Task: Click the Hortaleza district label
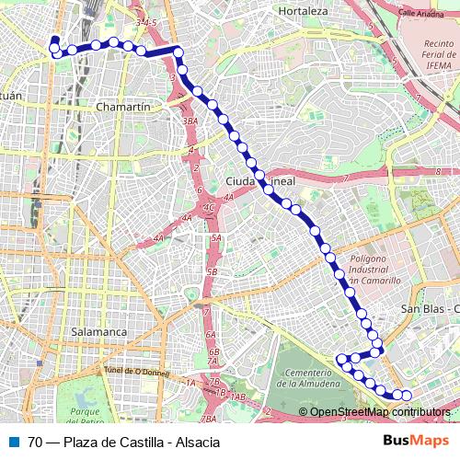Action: point(303,11)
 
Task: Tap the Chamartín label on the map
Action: point(122,108)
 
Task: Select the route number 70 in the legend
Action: point(35,441)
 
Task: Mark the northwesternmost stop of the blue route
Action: point(54,40)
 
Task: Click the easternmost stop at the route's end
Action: point(407,396)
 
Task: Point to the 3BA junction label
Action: point(190,121)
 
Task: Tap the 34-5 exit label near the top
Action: point(145,19)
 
